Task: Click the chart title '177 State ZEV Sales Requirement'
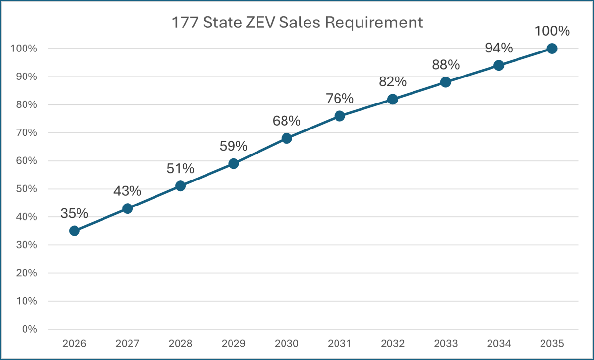pyautogui.click(x=297, y=23)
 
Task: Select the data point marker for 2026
pyautogui.click(x=75, y=231)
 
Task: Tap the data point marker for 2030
pyautogui.click(x=286, y=138)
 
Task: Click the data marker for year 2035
pyautogui.click(x=552, y=49)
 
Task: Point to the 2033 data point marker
pyautogui.click(x=445, y=82)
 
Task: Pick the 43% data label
pyautogui.click(x=127, y=191)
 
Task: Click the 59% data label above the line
pyautogui.click(x=233, y=146)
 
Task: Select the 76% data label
pyautogui.click(x=339, y=99)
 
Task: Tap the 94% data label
pyautogui.click(x=498, y=48)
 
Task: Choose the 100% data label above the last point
pyautogui.click(x=552, y=31)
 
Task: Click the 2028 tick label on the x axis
pyautogui.click(x=181, y=343)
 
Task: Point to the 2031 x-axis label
pyautogui.click(x=339, y=343)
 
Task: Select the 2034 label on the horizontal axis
pyautogui.click(x=498, y=343)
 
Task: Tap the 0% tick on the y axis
pyautogui.click(x=29, y=329)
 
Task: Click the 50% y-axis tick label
pyautogui.click(x=26, y=189)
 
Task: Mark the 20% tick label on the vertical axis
pyautogui.click(x=26, y=273)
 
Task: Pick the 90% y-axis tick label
pyautogui.click(x=26, y=77)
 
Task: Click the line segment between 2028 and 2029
pyautogui.click(x=207, y=175)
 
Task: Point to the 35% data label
pyautogui.click(x=74, y=213)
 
